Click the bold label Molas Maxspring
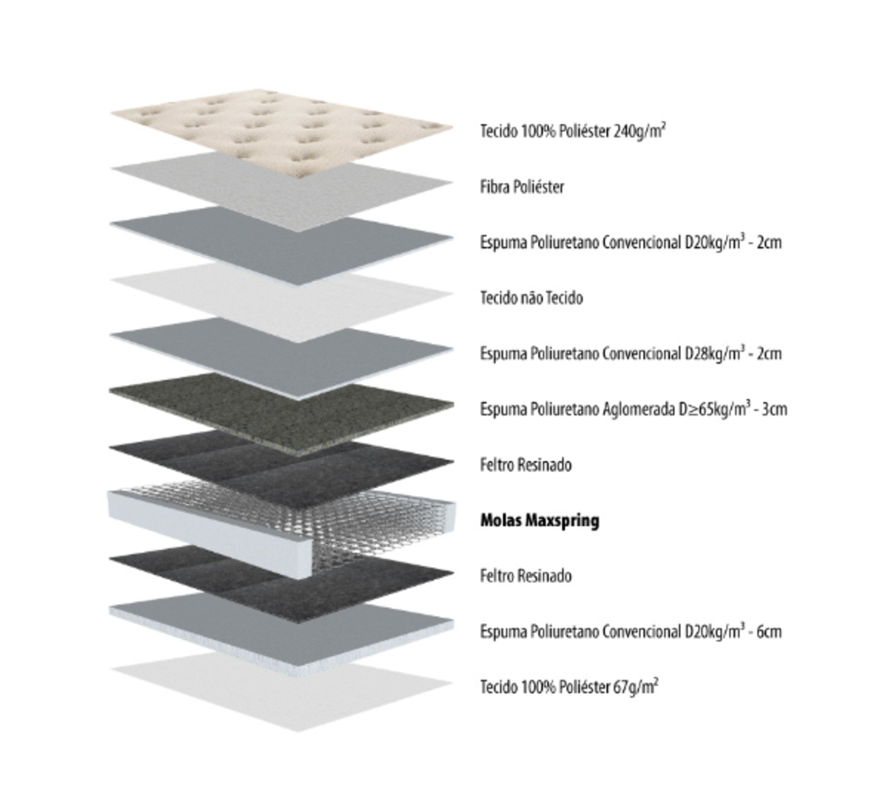click(x=540, y=520)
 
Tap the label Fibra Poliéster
click(x=522, y=186)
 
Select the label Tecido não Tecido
click(x=532, y=297)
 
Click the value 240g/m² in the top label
click(x=639, y=131)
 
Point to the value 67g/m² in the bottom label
click(x=636, y=686)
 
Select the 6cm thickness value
click(x=769, y=632)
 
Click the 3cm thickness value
click(x=775, y=409)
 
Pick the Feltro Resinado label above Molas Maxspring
click(x=526, y=465)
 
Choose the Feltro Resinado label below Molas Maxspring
click(x=526, y=576)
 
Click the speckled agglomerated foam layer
click(x=282, y=412)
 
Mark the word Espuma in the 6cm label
click(x=503, y=632)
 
